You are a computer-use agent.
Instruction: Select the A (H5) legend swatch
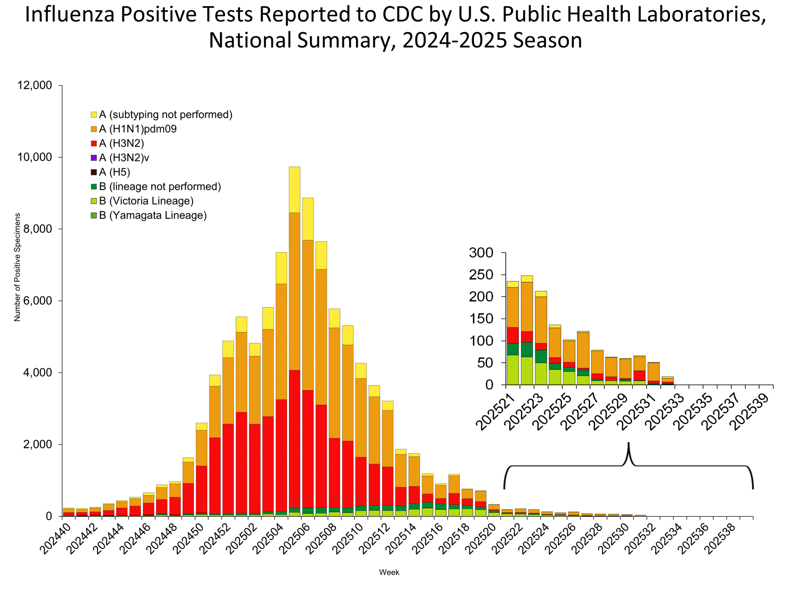pyautogui.click(x=94, y=172)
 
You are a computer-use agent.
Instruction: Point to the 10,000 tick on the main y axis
pyautogui.click(x=35, y=157)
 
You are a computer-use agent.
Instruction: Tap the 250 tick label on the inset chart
pyautogui.click(x=481, y=275)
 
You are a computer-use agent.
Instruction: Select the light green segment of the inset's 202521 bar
pyautogui.click(x=513, y=370)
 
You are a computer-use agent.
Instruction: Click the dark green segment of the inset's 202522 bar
pyautogui.click(x=527, y=350)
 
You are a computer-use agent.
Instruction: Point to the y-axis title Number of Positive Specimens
pyautogui.click(x=17, y=267)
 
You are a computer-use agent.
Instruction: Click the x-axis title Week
pyautogui.click(x=389, y=572)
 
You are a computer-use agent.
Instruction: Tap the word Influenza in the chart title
pyautogui.click(x=70, y=15)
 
